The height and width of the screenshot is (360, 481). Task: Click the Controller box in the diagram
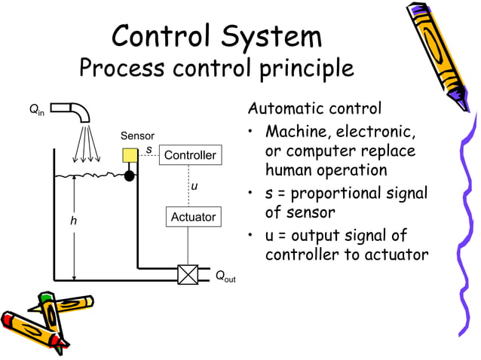click(x=190, y=155)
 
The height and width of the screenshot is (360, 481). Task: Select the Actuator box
click(x=193, y=217)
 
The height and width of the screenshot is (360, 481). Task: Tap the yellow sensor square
click(x=130, y=156)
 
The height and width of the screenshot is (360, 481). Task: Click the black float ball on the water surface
click(x=130, y=175)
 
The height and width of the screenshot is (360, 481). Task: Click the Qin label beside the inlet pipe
click(x=37, y=111)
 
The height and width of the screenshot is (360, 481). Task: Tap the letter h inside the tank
click(x=73, y=221)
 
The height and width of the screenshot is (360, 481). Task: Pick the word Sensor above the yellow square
click(x=137, y=136)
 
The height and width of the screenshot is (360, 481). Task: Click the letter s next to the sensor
click(x=149, y=150)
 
